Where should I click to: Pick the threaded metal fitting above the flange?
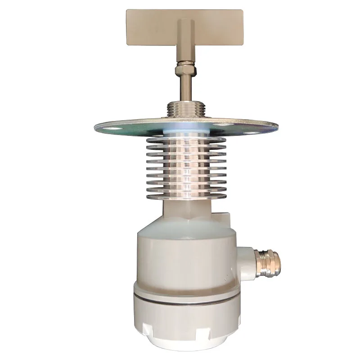pyautogui.click(x=184, y=109)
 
